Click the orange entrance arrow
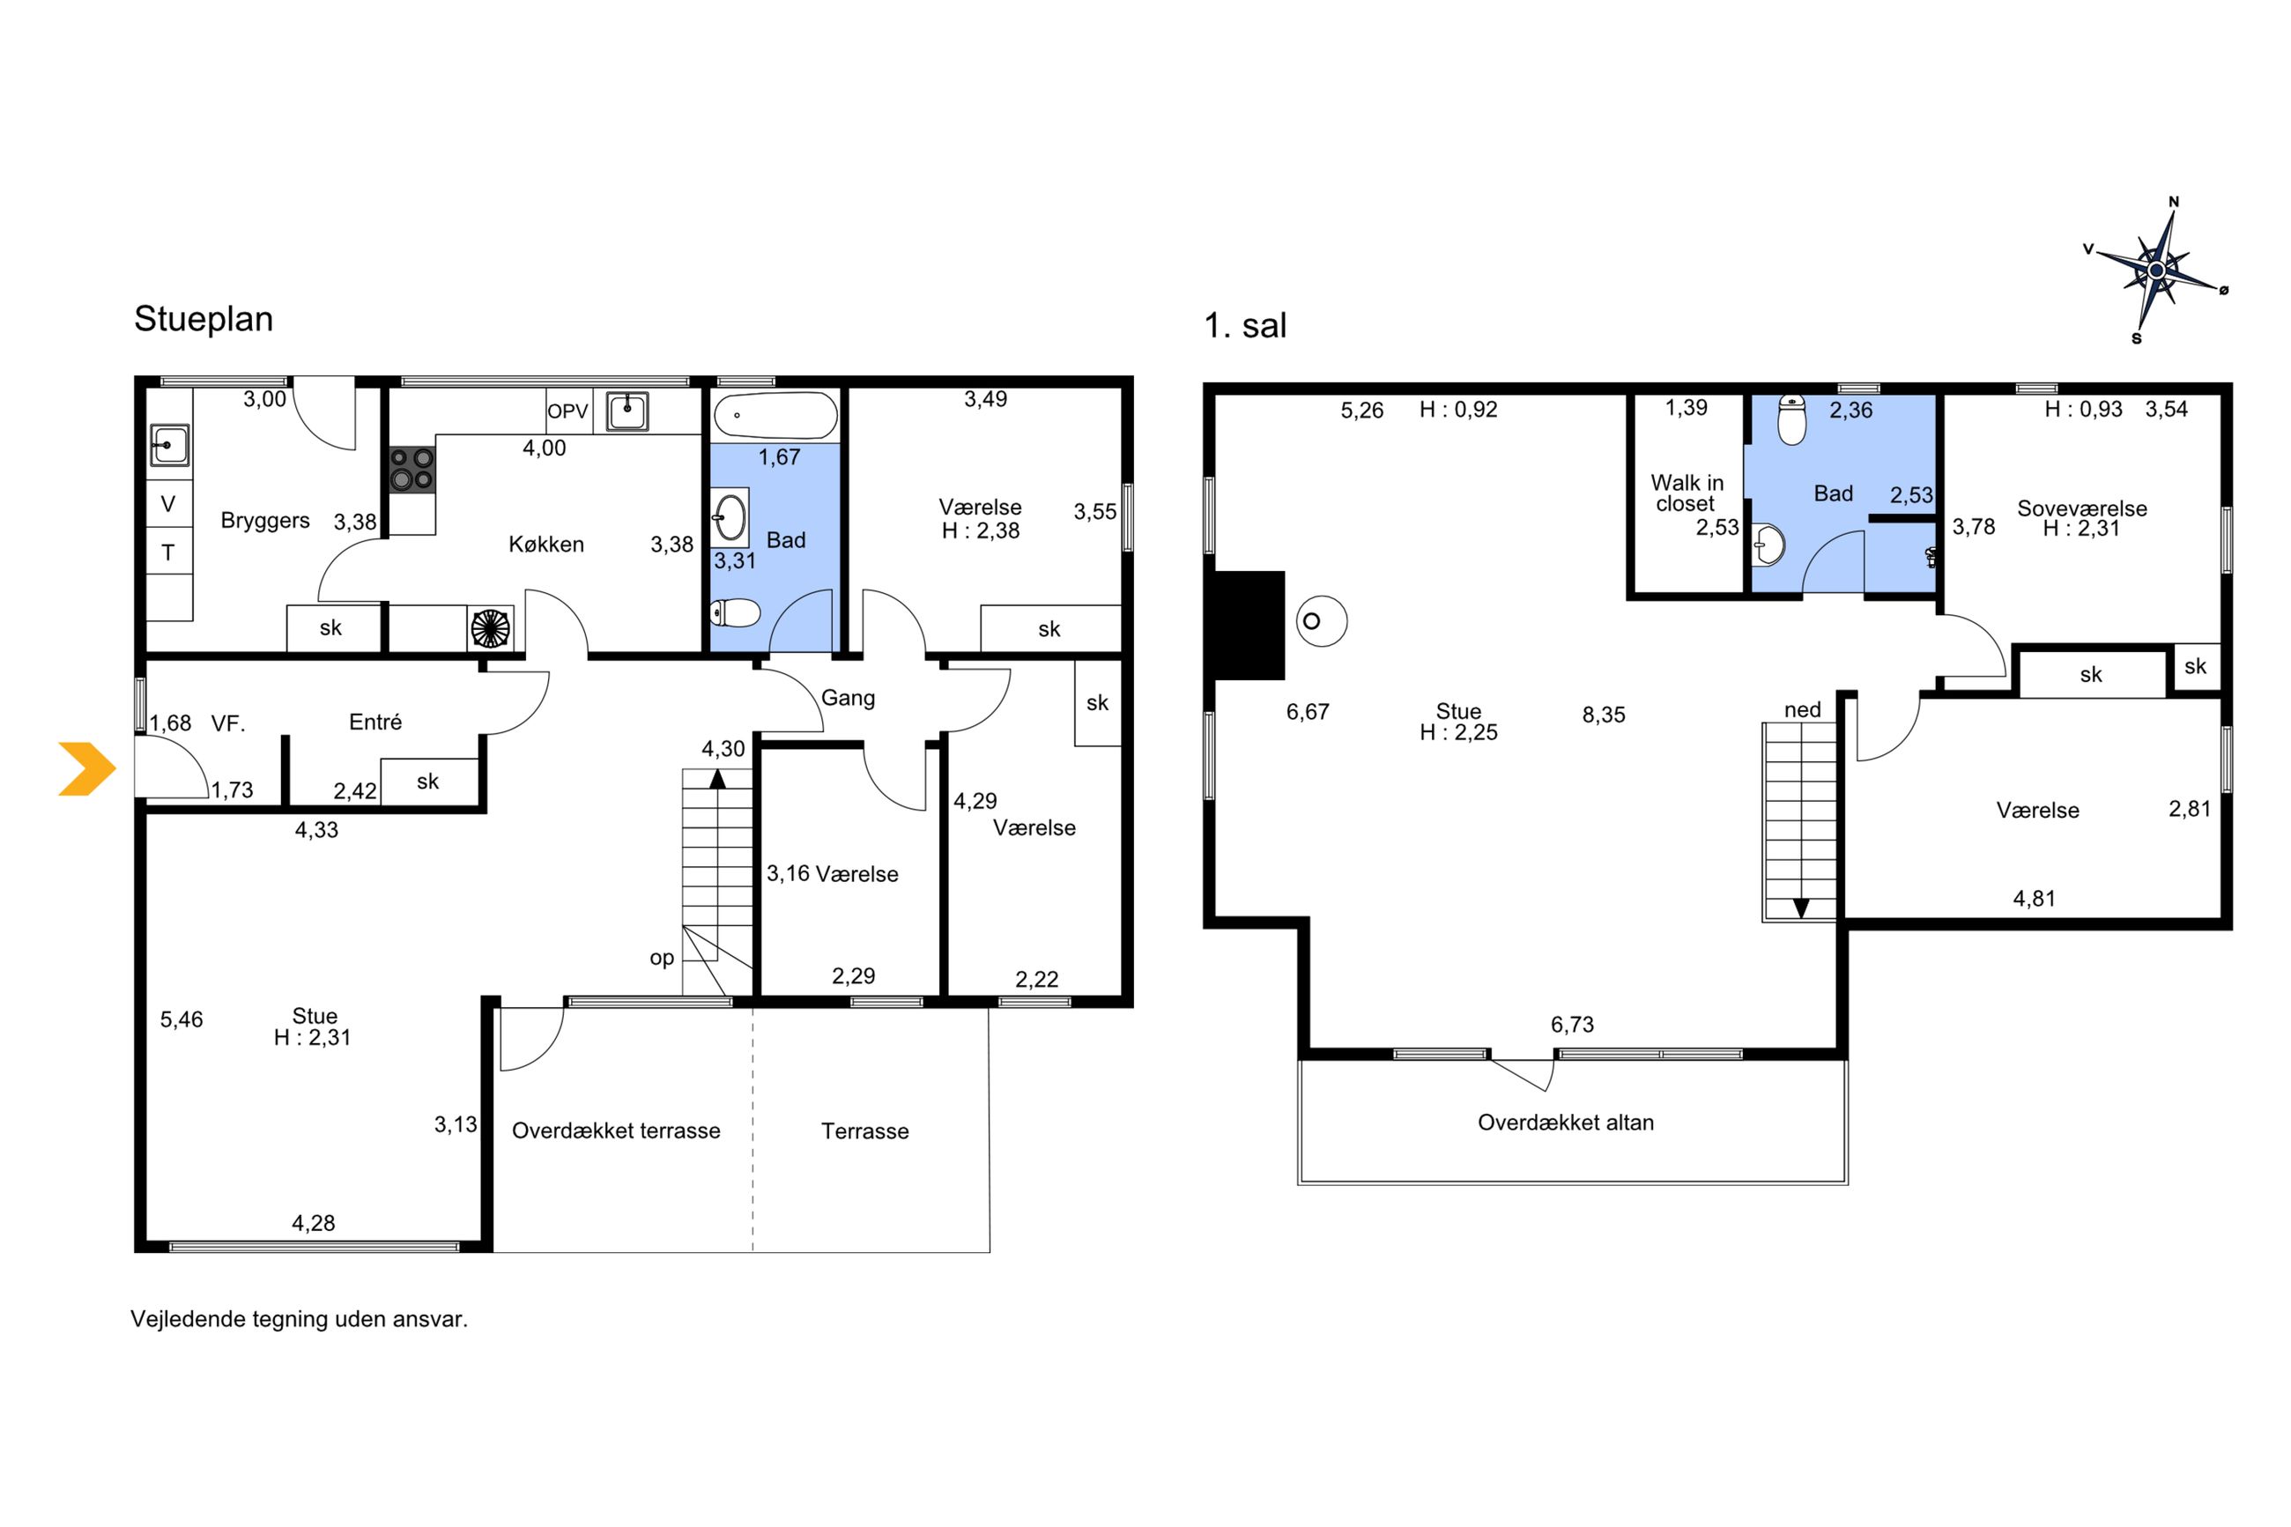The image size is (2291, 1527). point(87,768)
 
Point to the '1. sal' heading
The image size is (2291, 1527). point(1244,325)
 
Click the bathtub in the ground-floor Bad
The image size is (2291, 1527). point(775,417)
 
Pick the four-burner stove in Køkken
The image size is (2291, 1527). point(411,470)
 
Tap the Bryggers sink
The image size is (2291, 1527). point(168,445)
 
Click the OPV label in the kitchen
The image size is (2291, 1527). point(567,411)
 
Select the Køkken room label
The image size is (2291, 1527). point(546,545)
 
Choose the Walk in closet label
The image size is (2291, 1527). point(1687,493)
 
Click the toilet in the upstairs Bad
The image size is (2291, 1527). point(1791,419)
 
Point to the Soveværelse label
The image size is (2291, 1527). point(2081,508)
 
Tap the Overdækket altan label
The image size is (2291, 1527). point(1566,1123)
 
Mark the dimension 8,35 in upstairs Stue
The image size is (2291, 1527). point(1604,715)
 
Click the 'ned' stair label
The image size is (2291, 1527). point(1802,710)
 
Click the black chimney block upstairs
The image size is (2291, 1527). point(1249,626)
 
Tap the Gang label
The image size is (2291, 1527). point(848,698)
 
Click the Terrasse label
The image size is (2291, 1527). point(864,1131)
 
